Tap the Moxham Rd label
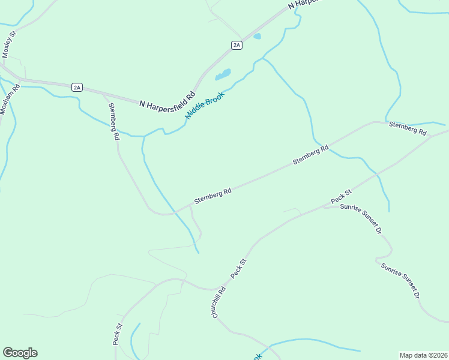(7, 99)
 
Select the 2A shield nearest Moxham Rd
(76, 87)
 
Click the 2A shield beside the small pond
(237, 45)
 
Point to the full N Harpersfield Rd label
(167, 99)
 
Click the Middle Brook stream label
(205, 105)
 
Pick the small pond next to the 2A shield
(258, 37)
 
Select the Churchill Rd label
(218, 302)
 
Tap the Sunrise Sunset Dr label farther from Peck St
(400, 280)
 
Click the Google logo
(20, 353)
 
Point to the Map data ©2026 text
(423, 355)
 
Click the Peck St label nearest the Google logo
(118, 334)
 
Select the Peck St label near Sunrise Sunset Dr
(340, 196)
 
